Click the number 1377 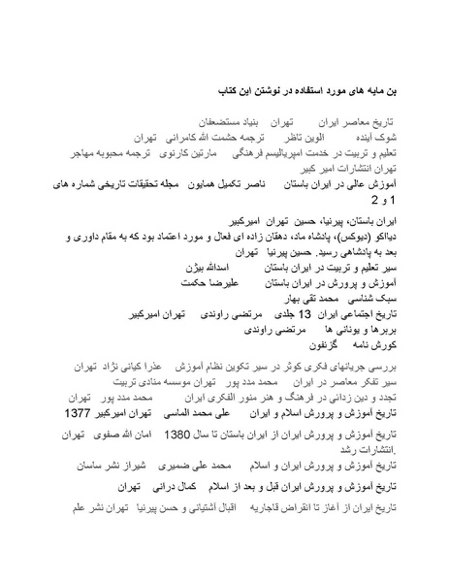pyautogui.click(x=88, y=412)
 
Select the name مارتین pyautogui.click(x=208, y=153)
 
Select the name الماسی pyautogui.click(x=176, y=412)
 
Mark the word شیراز pyautogui.click(x=130, y=465)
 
